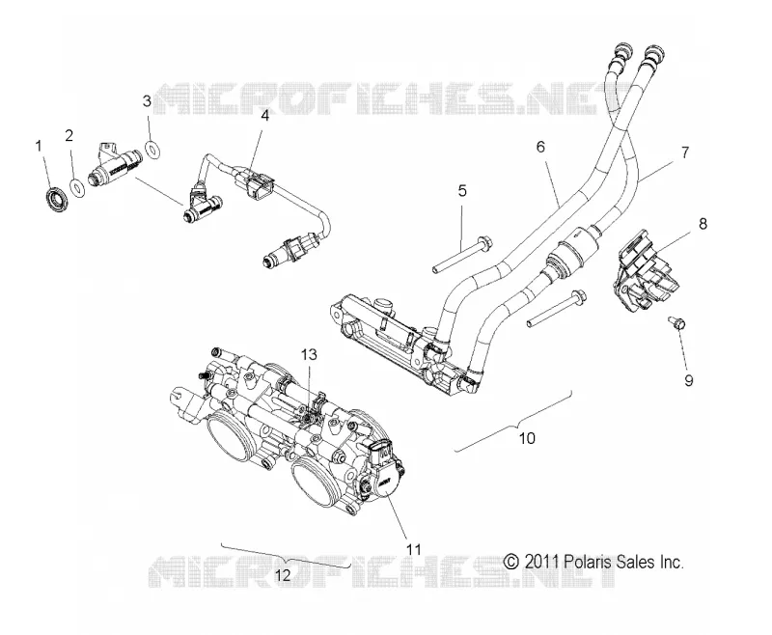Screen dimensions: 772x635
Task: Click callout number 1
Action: coord(38,146)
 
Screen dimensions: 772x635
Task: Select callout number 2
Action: coord(69,135)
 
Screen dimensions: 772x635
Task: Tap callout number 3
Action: coord(147,101)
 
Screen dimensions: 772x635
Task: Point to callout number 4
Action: coord(264,116)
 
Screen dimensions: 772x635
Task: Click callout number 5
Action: coord(462,190)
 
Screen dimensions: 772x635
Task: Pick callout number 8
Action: coord(703,224)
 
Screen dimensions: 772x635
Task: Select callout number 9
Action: coord(688,380)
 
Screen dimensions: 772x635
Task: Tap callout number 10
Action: coord(527,438)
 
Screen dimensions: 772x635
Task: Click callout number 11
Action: coord(413,549)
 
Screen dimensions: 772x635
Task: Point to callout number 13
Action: coord(309,354)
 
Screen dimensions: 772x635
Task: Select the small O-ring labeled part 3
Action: coord(153,149)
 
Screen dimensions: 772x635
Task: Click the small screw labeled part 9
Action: coord(677,323)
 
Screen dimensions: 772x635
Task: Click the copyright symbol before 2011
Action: coord(511,562)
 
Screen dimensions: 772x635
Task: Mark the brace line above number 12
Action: coord(286,557)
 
